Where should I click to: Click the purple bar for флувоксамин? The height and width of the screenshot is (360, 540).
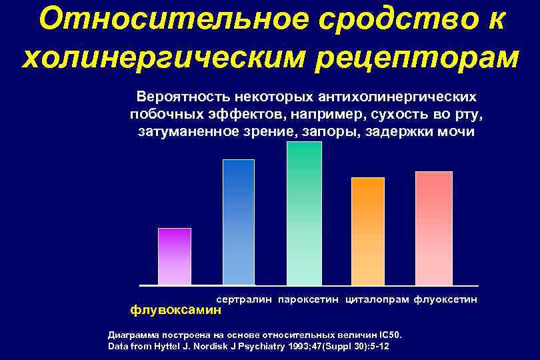175,257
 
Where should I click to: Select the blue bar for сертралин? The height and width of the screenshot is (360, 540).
239,223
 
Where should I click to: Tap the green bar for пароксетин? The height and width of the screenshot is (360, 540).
303,213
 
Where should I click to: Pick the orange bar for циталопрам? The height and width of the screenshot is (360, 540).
368,231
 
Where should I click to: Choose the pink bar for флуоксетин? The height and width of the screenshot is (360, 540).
434,229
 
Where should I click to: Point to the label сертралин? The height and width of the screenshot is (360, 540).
245,301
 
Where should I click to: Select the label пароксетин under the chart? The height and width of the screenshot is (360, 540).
309,301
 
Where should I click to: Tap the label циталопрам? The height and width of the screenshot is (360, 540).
377,301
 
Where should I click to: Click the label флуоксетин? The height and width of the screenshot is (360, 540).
446,301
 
